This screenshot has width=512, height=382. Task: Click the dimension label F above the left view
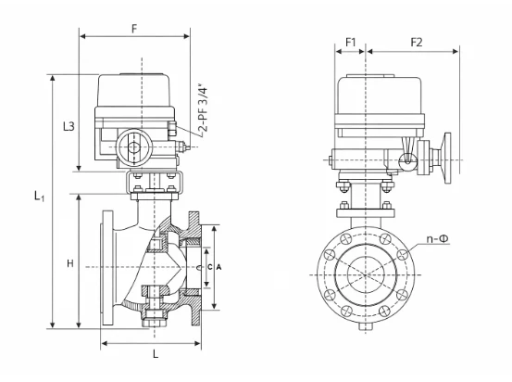[x=134, y=29]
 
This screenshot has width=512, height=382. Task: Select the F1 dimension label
[x=350, y=43]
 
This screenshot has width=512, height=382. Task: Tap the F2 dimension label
[x=417, y=43]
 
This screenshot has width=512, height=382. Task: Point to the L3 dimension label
[x=69, y=126]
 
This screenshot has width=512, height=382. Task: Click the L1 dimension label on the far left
[x=39, y=197]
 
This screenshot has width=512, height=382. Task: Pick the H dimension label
[x=70, y=263]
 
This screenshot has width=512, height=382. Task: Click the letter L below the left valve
[x=156, y=353]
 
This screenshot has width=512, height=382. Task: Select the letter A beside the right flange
[x=219, y=267]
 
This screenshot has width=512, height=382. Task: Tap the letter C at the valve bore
[x=210, y=267]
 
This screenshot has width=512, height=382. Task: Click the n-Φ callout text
[x=438, y=239]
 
